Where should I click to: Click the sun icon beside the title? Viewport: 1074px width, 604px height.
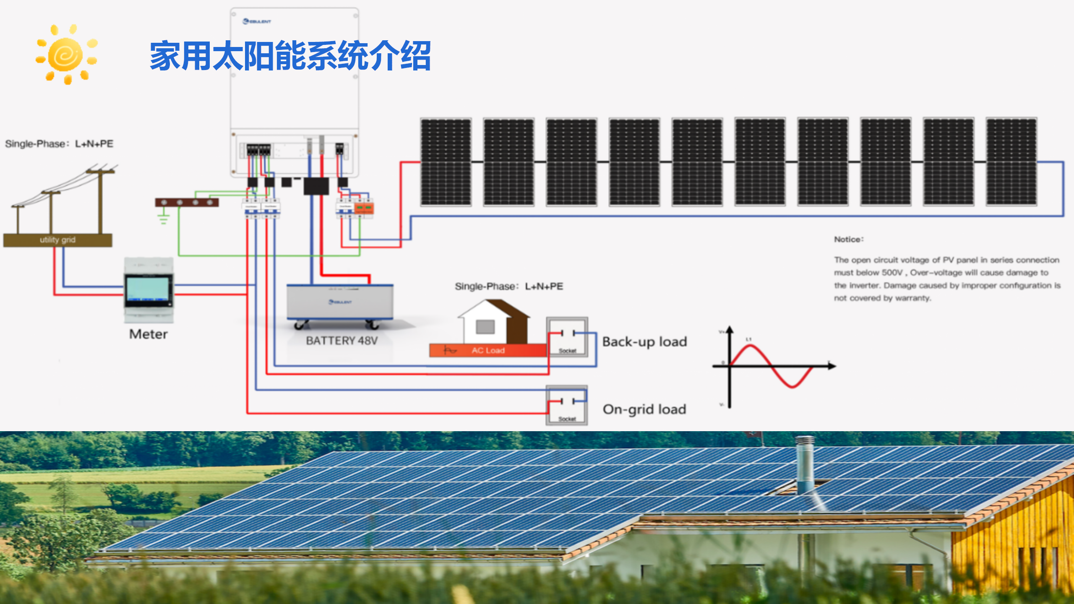coord(66,55)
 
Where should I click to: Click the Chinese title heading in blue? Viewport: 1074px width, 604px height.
coord(290,56)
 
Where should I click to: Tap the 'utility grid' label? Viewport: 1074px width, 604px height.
coord(57,240)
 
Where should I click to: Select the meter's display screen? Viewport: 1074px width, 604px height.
coord(148,289)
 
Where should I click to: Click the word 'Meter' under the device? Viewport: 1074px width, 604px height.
coord(148,334)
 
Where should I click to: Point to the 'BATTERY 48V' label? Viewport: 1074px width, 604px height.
coord(341,341)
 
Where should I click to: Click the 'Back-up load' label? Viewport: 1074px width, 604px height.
coord(644,342)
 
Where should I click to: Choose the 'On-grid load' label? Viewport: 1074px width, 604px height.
coord(644,409)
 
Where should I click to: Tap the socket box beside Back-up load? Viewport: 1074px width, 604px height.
coord(567,337)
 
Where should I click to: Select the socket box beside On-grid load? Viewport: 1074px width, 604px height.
coord(567,405)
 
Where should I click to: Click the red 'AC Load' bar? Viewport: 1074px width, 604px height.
coord(487,350)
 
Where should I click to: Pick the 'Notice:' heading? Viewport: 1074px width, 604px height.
coord(848,240)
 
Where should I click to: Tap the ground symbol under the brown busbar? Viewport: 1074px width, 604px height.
coord(164,219)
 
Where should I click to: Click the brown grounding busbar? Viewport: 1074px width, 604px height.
coord(187,203)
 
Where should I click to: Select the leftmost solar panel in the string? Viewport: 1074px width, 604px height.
coord(446,162)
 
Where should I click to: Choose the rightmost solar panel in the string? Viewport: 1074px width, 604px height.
coord(1011,162)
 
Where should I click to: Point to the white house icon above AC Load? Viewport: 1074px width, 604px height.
coord(493,322)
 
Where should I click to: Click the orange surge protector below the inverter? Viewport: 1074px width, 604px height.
coord(364,208)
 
